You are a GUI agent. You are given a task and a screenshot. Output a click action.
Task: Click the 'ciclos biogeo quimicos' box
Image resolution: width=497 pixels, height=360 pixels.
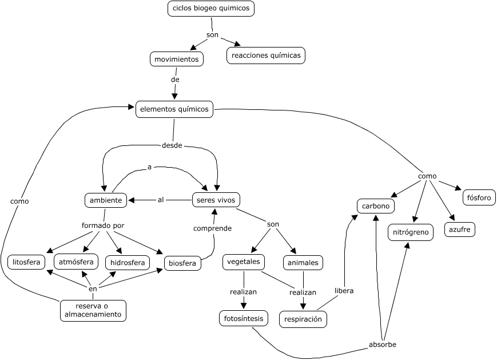(210, 9)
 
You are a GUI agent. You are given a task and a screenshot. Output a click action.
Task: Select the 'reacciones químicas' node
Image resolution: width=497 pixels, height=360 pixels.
(266, 56)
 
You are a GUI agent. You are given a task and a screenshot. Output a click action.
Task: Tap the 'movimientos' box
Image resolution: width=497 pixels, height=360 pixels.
(176, 59)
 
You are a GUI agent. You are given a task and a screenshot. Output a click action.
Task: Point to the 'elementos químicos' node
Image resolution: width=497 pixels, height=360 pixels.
(174, 109)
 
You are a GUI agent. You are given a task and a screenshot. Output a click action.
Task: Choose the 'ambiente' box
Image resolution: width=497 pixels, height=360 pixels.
(105, 200)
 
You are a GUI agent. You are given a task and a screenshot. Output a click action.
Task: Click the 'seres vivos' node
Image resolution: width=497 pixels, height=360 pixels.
(216, 200)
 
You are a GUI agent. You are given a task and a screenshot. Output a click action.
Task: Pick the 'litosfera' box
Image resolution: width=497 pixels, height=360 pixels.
(27, 262)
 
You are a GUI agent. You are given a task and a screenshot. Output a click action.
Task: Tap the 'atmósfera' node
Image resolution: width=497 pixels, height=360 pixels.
(76, 262)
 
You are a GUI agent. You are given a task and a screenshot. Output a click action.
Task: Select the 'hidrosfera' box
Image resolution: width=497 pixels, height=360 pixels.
(128, 263)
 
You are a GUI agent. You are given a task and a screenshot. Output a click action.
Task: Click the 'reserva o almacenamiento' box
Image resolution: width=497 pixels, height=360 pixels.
(93, 310)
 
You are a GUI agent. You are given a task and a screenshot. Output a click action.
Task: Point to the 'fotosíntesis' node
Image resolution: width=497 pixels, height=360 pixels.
(243, 318)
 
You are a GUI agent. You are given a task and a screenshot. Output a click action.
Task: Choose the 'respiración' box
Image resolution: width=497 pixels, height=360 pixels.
(303, 319)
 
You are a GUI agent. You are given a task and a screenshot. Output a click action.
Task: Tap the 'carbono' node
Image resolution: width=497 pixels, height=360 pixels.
(376, 205)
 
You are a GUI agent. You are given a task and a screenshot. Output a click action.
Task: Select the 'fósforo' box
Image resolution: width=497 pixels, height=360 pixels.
(479, 197)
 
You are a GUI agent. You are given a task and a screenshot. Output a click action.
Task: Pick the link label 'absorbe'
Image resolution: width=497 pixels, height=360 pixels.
(383, 345)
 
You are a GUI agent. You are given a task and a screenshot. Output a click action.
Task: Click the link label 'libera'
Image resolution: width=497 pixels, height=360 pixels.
(344, 291)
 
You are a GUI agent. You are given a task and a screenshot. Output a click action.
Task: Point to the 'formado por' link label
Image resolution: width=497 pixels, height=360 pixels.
(103, 226)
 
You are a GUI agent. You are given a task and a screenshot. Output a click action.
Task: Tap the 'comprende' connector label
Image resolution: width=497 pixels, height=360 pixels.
(212, 228)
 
